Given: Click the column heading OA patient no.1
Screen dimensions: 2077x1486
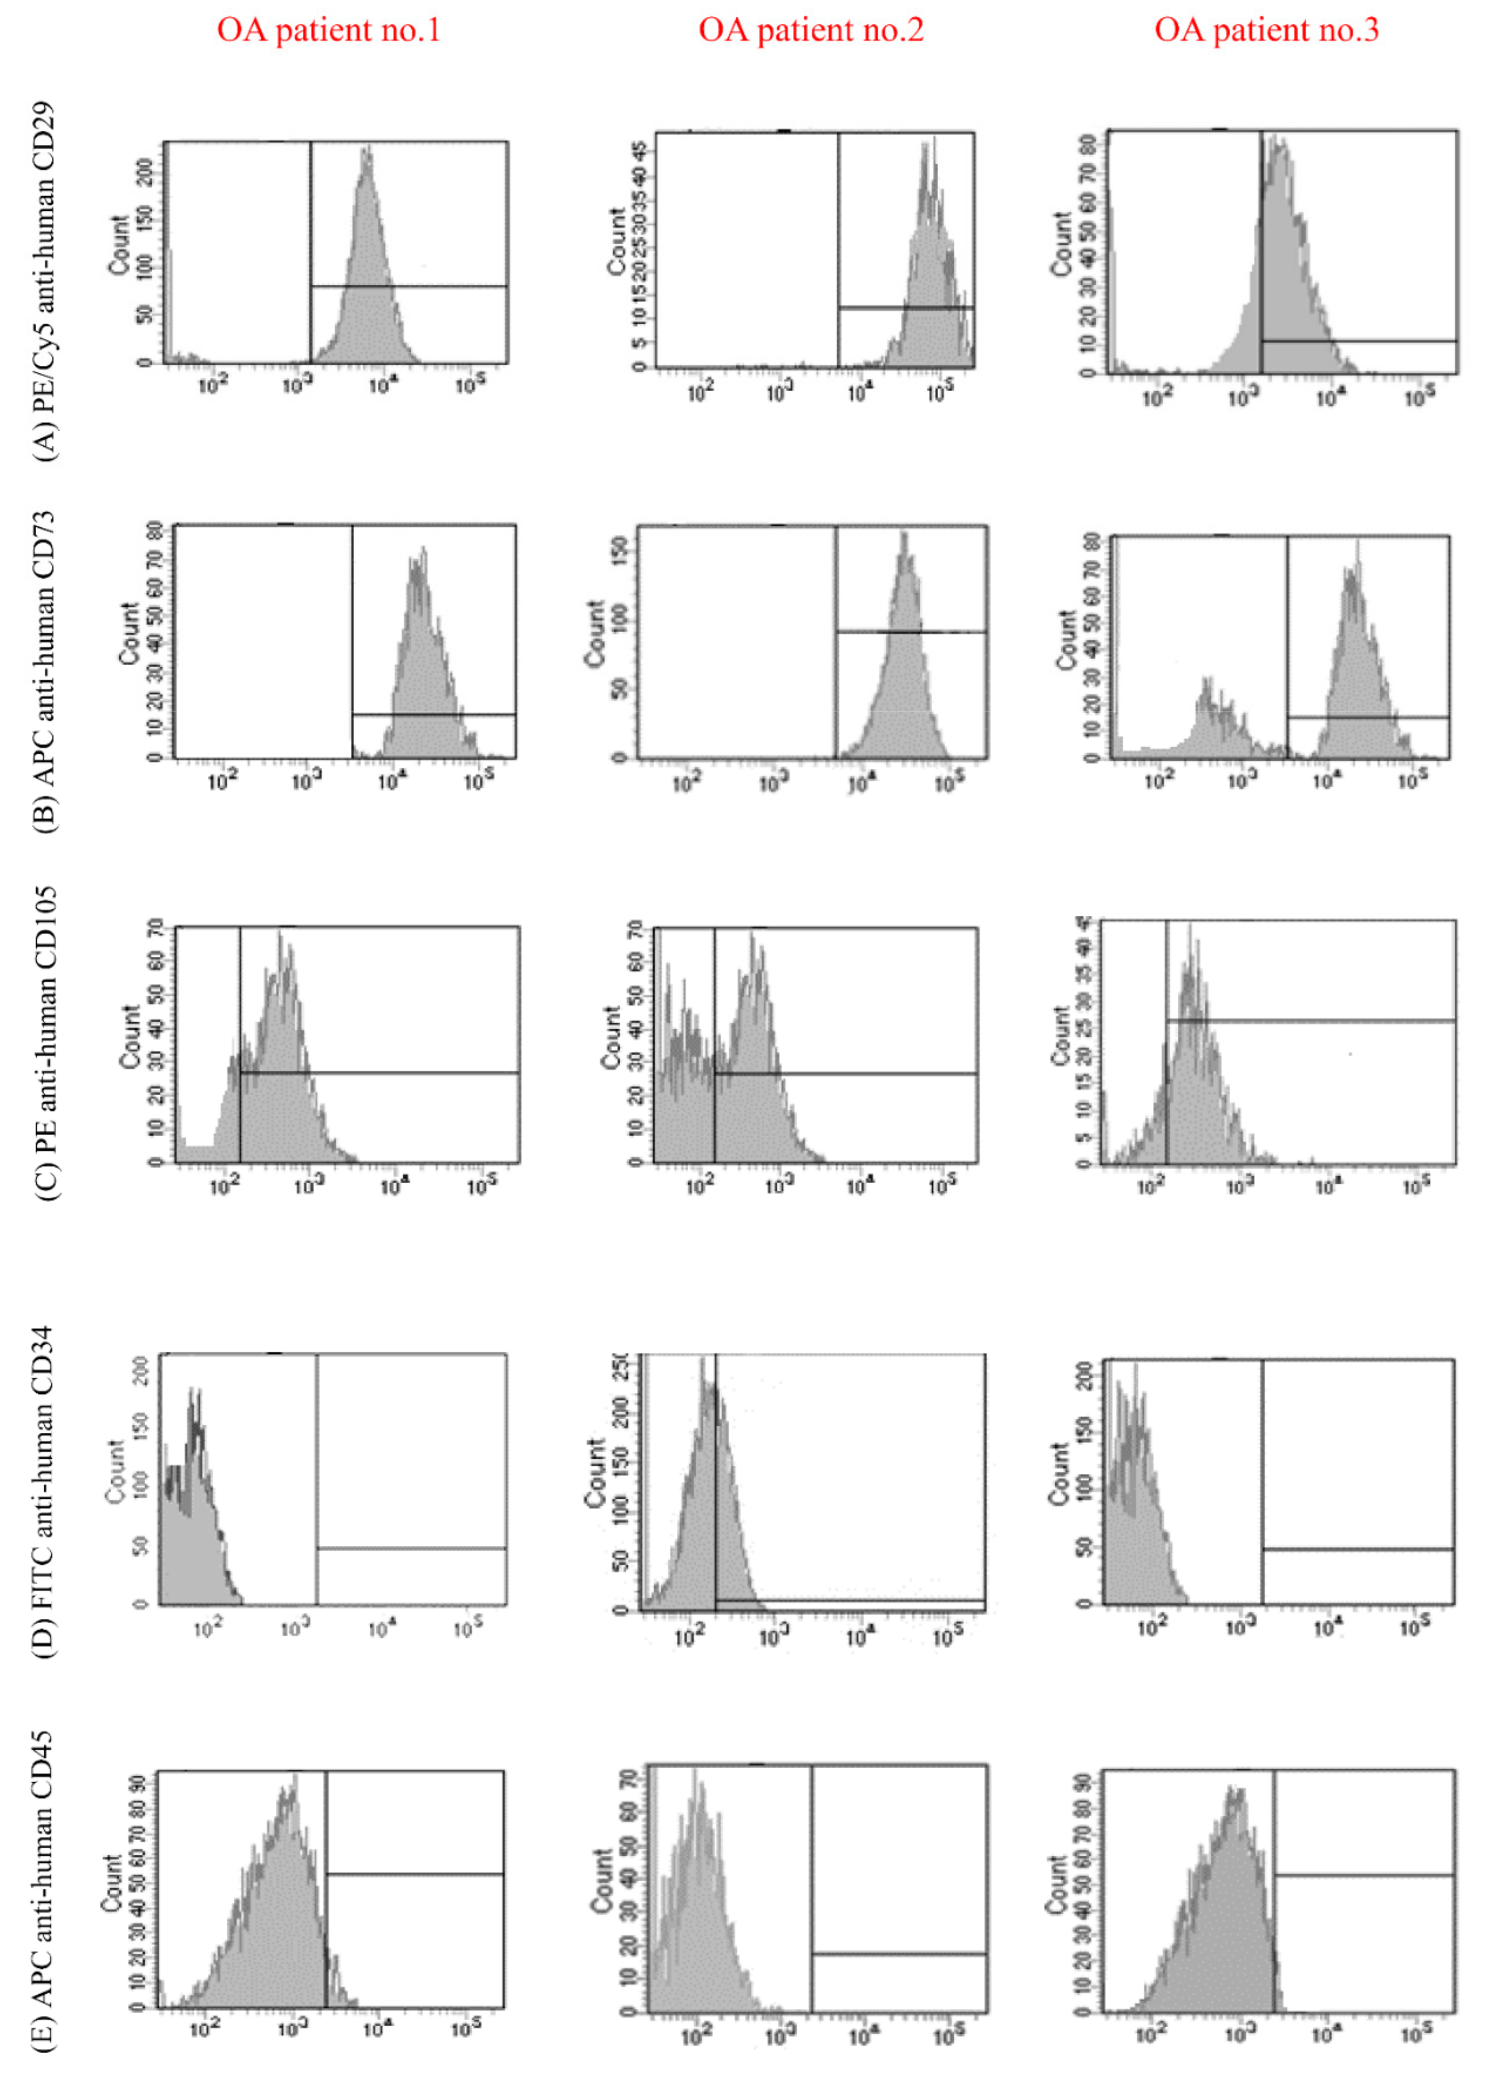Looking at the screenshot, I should pyautogui.click(x=328, y=30).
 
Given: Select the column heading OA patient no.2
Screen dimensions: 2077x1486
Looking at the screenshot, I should pyautogui.click(x=811, y=30).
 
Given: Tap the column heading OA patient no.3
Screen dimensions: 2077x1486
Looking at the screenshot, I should pyautogui.click(x=1266, y=30).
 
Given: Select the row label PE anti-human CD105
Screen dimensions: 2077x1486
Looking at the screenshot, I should pyautogui.click(x=44, y=1043).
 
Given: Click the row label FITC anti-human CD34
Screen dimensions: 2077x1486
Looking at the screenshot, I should pyautogui.click(x=44, y=1491).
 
